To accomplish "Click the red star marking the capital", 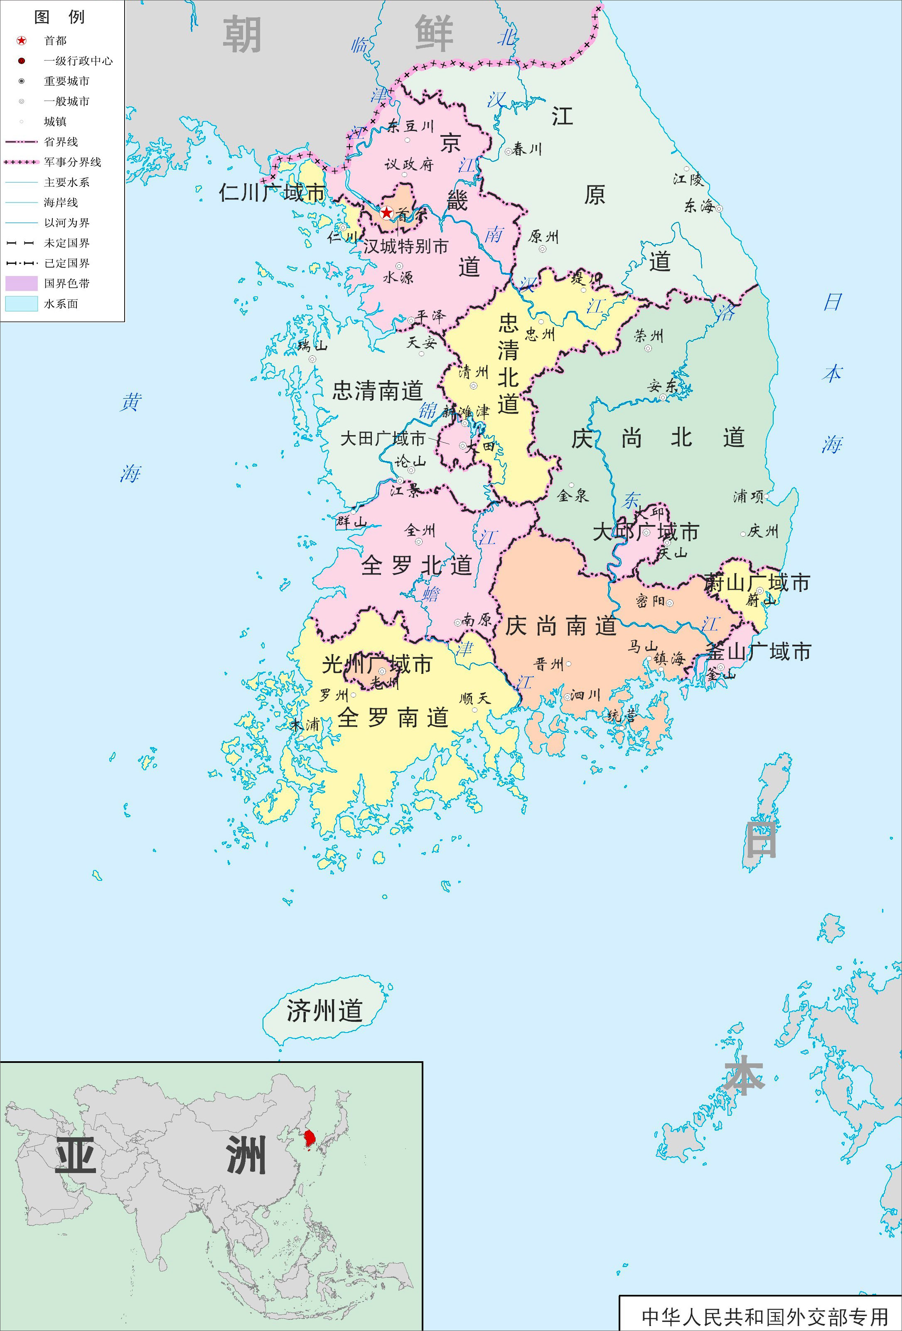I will [x=387, y=213].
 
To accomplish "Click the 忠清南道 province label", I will [x=378, y=391].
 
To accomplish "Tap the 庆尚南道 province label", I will [x=560, y=626].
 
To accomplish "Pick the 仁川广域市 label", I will [x=272, y=193].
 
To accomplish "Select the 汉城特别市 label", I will [x=406, y=246].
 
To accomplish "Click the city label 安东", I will [x=662, y=387].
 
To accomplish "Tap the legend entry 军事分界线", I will [x=73, y=162].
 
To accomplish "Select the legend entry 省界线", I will [x=61, y=142].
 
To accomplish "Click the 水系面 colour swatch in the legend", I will [x=22, y=303].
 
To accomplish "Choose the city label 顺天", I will [x=475, y=699].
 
